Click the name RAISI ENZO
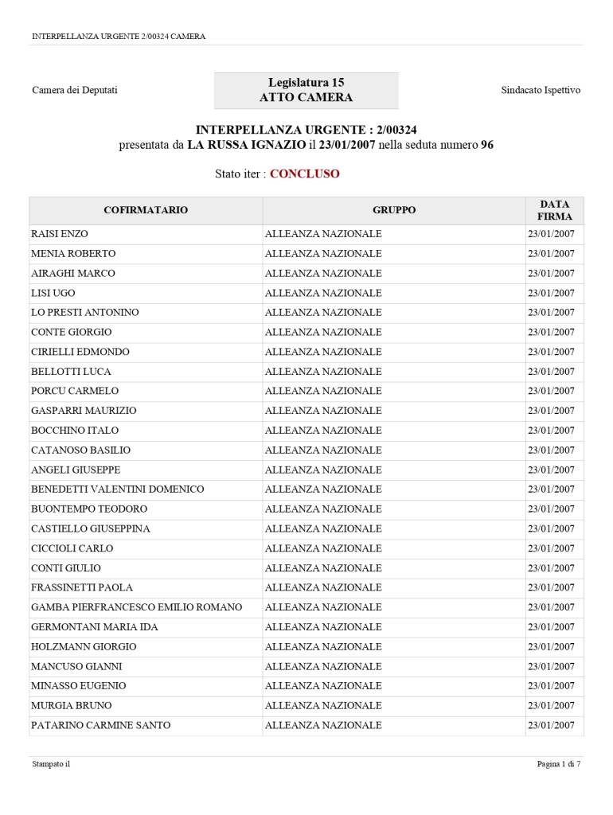tap(59, 234)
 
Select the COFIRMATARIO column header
tap(146, 210)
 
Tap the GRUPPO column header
tap(393, 210)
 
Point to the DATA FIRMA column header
tap(554, 210)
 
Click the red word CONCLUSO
tap(304, 174)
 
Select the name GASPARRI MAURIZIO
tap(84, 411)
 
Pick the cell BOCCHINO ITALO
tap(75, 431)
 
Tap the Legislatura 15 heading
tap(306, 83)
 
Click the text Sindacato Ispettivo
tap(541, 90)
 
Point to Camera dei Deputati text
tap(75, 90)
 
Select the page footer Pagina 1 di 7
tap(558, 764)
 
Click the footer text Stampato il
tap(51, 764)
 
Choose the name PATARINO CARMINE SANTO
tap(100, 725)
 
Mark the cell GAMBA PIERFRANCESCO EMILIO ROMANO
tap(136, 607)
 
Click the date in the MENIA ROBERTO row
tap(550, 254)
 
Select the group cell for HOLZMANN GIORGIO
tap(322, 646)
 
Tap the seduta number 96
tap(487, 145)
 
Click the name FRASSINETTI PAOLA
tap(81, 587)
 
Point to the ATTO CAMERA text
tap(306, 98)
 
